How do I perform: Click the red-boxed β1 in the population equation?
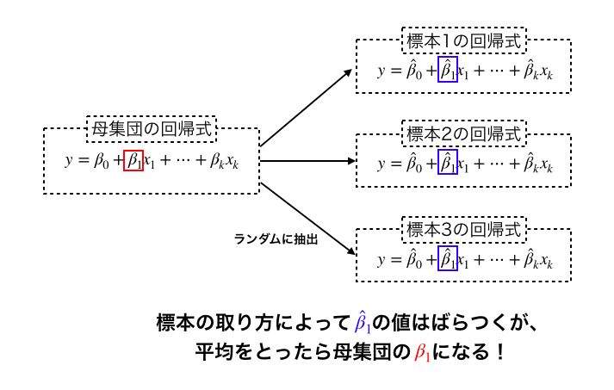tap(133, 159)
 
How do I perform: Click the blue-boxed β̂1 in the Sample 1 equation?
tap(447, 70)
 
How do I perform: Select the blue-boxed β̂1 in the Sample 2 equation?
tap(447, 162)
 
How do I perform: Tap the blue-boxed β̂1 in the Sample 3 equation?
tap(447, 257)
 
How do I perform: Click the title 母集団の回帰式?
tap(152, 129)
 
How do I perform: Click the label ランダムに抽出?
tap(276, 239)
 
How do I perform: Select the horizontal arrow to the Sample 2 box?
tap(308, 160)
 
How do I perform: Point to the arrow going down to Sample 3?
tap(308, 217)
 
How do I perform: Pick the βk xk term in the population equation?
tap(224, 160)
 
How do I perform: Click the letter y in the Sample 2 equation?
tap(381, 164)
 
